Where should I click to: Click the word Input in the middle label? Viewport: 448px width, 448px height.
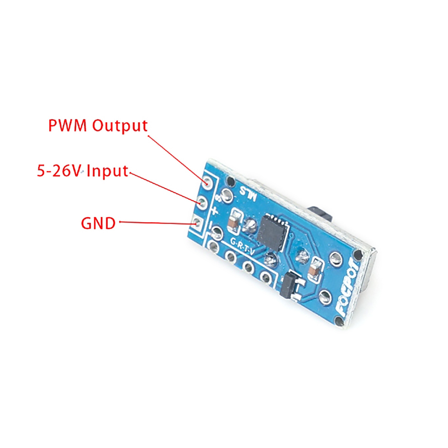[107, 171]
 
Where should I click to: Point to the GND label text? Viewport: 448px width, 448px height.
[98, 223]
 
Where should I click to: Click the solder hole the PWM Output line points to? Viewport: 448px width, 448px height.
[207, 182]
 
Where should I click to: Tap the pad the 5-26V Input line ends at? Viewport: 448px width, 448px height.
[202, 203]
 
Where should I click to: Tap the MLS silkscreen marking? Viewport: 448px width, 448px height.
[248, 194]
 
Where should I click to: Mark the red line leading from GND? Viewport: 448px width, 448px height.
[157, 223]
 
